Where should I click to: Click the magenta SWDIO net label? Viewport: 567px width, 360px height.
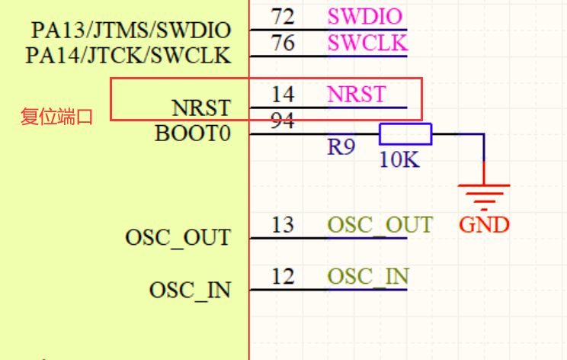coord(364,15)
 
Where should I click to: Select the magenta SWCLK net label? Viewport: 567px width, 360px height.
coord(367,43)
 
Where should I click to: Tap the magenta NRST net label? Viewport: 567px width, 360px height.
coord(357,95)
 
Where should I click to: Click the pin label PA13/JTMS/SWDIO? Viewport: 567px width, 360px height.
coord(130,31)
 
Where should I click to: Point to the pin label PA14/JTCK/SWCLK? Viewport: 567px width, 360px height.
coord(128,56)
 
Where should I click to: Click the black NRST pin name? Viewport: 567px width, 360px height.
coord(201,107)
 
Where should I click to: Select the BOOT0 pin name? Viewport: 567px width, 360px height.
coord(192,134)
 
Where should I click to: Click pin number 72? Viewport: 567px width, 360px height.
coord(283,15)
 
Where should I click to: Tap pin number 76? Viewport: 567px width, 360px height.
coord(283,43)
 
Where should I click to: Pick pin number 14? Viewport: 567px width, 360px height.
coord(283,95)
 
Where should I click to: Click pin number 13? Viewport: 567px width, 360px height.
coord(283,225)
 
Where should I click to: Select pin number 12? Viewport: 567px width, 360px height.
coord(283,276)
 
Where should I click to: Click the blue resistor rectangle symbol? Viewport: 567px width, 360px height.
coord(405,134)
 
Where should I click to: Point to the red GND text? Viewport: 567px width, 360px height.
coord(484,225)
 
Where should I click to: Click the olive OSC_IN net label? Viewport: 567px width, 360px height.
coord(368,276)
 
